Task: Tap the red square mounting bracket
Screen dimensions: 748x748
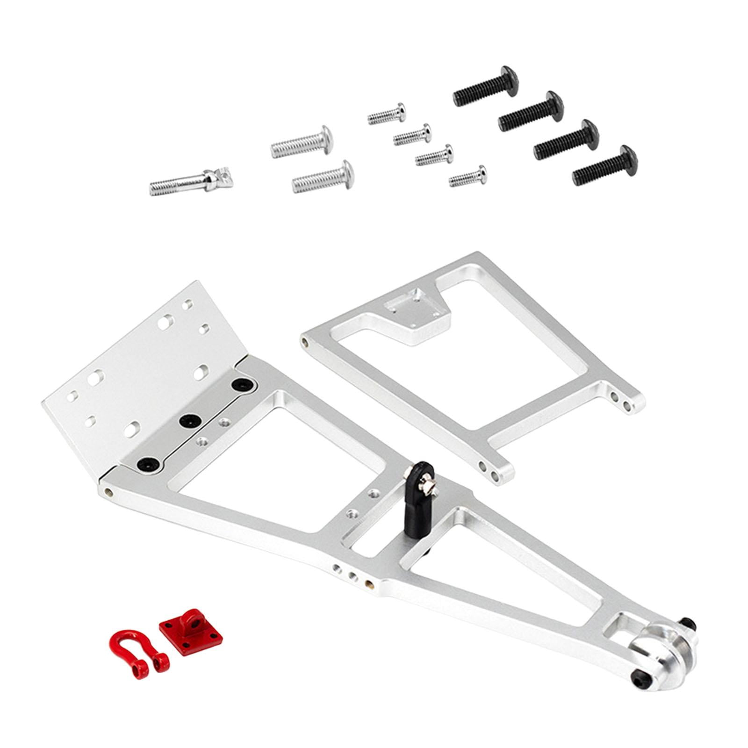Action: coord(191,630)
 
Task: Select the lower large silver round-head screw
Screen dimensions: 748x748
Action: coord(323,177)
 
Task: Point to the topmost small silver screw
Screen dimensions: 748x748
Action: coord(387,114)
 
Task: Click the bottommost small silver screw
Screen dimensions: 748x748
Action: coord(468,176)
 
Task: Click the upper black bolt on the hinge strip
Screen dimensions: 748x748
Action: coord(243,384)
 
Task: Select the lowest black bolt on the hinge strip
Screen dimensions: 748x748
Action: coord(148,464)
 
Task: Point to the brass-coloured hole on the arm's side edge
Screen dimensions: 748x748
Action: coord(370,583)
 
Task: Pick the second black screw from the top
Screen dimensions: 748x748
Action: coord(531,111)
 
